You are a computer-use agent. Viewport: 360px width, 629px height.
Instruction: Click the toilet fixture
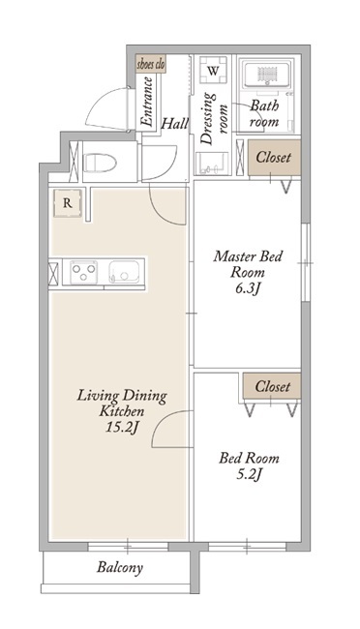tap(100, 163)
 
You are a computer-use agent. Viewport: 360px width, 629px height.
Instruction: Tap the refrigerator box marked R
tap(68, 203)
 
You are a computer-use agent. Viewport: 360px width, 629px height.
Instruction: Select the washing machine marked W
tap(214, 71)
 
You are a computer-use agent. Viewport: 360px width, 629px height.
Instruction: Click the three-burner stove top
tap(84, 272)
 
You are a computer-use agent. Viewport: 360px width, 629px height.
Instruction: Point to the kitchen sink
tap(125, 272)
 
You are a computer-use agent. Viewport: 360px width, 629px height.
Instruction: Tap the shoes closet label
tap(151, 64)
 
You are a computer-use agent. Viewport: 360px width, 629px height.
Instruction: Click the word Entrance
tap(147, 101)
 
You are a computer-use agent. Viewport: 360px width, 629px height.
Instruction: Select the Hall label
tap(174, 123)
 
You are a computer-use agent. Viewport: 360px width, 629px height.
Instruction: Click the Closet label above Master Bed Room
tap(273, 157)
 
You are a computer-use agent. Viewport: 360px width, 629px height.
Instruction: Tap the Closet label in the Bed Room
tap(273, 387)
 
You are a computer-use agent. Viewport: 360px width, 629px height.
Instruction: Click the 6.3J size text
tap(249, 288)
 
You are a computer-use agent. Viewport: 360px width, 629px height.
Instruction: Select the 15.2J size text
tap(122, 428)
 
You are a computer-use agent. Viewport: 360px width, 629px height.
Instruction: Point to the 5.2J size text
tap(249, 475)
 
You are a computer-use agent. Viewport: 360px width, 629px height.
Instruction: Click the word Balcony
tap(120, 568)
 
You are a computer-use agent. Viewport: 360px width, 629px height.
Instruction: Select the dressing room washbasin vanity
tap(212, 164)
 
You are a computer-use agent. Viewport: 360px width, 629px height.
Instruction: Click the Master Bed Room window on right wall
tap(306, 263)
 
